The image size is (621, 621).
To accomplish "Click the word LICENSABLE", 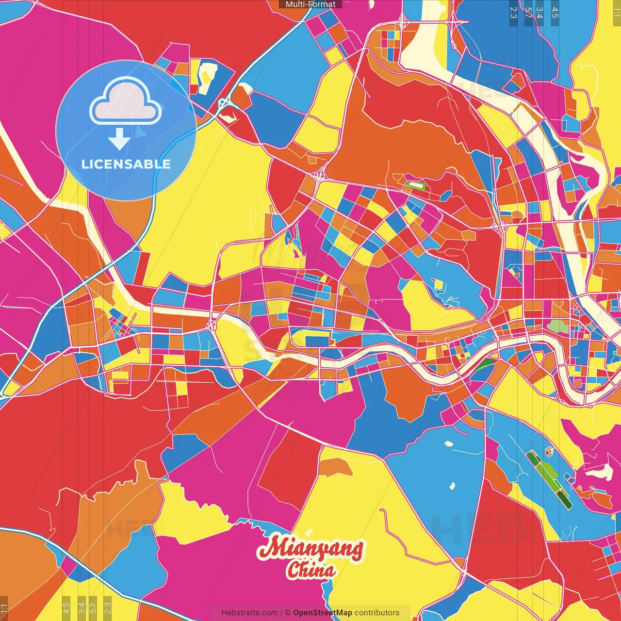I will coord(126,164).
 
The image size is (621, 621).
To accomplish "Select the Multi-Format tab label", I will coord(310,4).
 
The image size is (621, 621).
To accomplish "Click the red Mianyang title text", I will coord(310,547).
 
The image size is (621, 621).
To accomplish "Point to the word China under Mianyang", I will coord(310,570).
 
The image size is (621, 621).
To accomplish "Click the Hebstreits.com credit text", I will coord(249,613).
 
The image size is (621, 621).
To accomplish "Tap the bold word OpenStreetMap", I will coord(322,613).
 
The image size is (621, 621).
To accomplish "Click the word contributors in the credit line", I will coord(377,613).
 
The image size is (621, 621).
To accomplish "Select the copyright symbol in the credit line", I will coord(287,613).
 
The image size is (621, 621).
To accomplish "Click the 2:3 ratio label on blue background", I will coord(513,13).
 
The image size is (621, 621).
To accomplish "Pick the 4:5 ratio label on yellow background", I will coord(66,606).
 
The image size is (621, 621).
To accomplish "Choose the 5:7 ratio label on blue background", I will coord(528,13).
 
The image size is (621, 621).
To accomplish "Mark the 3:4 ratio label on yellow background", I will coord(82,606).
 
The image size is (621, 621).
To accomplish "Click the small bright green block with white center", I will coord(415,185).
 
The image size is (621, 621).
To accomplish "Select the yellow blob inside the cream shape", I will coord(206,75).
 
